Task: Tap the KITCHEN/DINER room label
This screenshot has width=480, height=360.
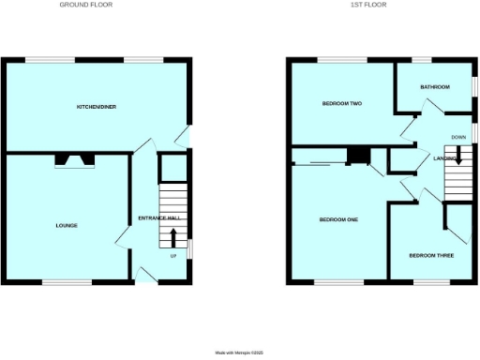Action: coord(97,107)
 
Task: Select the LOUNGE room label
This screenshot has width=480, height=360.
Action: coord(66,226)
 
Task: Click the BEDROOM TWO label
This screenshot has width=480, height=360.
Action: coord(341,103)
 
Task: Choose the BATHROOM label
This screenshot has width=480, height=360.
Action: coord(435,87)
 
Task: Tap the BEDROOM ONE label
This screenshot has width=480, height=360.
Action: coord(338,219)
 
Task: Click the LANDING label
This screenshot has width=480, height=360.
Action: coord(445,158)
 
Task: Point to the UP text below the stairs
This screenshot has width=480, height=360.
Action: coord(173,256)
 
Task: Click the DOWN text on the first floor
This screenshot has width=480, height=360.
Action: coord(458,138)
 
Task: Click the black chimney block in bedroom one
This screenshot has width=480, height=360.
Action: coord(357,157)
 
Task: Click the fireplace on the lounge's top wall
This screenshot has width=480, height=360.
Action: coord(73,160)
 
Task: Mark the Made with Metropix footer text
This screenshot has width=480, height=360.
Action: coord(241,352)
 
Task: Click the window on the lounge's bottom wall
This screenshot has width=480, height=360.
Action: coord(65,280)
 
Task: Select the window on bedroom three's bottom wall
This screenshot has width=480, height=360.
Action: coord(431,280)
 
